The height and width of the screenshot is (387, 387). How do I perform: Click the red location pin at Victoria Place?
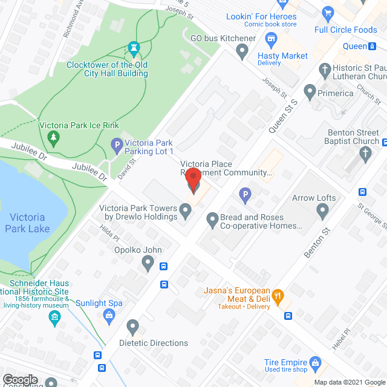coord(192,180)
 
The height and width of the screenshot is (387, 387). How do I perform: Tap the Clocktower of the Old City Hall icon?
coord(134,48)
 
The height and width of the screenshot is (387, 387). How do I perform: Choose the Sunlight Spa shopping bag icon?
coord(109,314)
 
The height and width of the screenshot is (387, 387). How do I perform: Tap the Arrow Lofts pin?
coord(322,211)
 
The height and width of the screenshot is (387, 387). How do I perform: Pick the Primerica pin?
coord(310,93)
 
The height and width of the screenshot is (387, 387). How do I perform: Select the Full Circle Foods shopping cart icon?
coord(328,13)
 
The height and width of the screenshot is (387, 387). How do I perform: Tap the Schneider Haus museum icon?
coord(55,317)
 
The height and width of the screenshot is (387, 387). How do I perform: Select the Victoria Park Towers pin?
coord(186,211)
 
